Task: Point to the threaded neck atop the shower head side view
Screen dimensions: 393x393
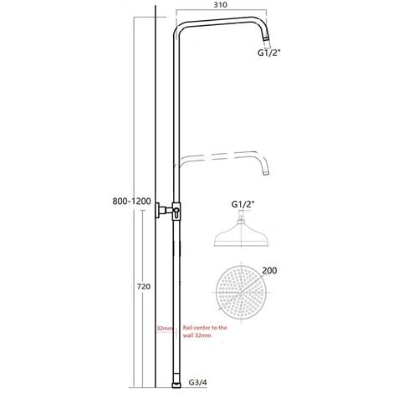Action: (x=241, y=218)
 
